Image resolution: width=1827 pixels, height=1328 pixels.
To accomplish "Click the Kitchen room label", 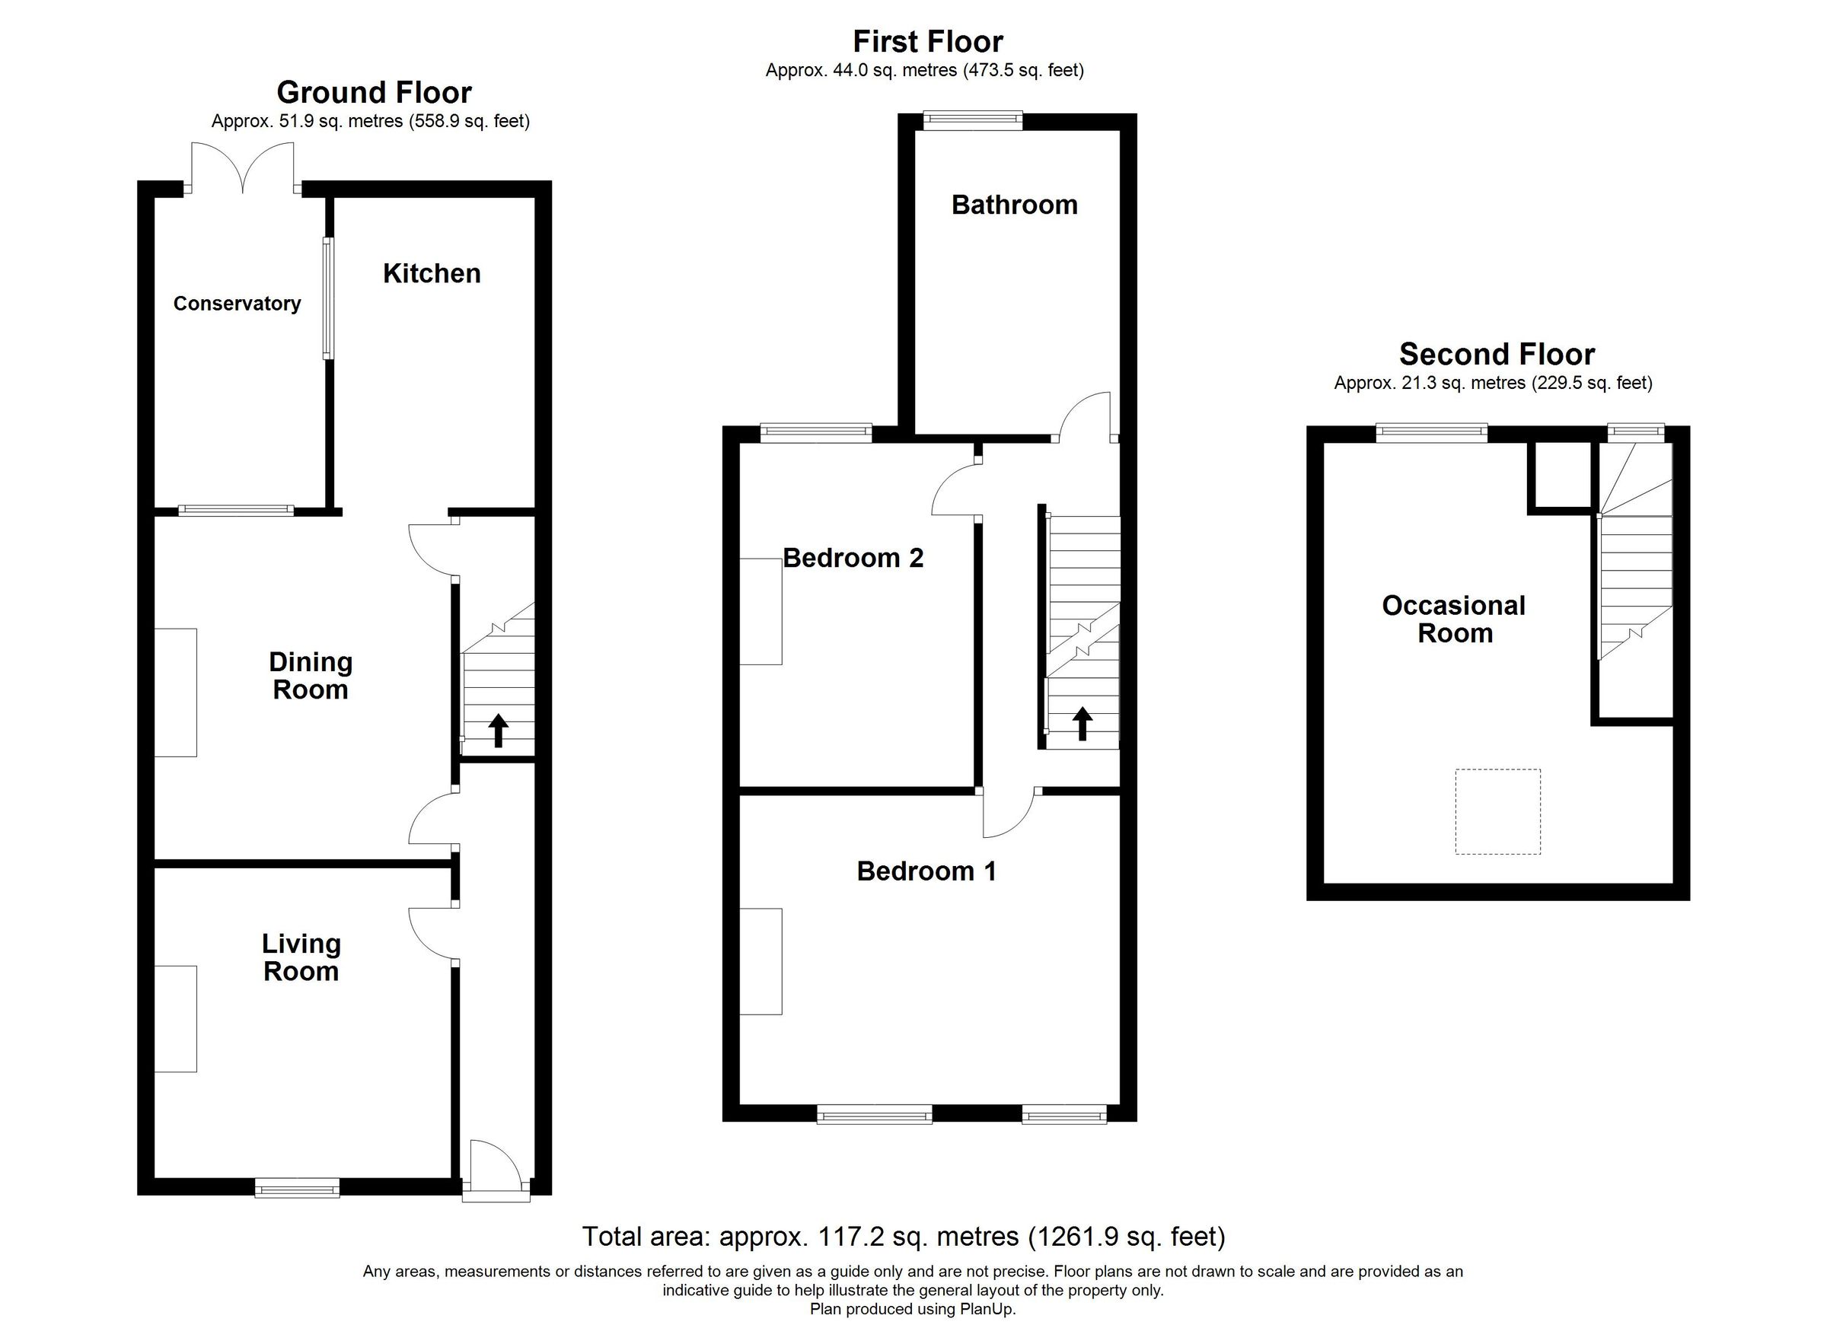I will point(431,274).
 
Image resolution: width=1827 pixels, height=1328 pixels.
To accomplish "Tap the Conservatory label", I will point(237,304).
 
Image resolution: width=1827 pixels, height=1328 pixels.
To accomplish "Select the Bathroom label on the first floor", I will point(1014,205).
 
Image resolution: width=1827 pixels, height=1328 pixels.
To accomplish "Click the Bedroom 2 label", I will point(853,557).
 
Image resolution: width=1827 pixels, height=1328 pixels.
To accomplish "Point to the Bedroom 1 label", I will point(926,871).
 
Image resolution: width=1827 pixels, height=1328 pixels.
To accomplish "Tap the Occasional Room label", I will point(1454,619).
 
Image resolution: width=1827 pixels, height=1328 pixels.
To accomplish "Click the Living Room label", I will point(301,957).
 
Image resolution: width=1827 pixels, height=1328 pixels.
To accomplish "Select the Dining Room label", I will point(310,676).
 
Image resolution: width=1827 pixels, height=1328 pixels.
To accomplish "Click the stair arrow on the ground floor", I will point(498,730).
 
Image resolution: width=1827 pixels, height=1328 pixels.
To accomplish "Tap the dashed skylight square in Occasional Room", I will point(1497,811).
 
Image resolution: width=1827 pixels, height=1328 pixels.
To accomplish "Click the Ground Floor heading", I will point(374,93).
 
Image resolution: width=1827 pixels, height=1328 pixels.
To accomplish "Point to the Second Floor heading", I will point(1497,355).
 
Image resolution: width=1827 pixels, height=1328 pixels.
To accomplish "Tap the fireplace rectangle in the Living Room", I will point(176,1019).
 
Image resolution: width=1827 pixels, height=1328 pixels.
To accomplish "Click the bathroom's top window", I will point(972,121).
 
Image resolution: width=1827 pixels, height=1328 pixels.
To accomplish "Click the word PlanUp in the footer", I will point(987,1310).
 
